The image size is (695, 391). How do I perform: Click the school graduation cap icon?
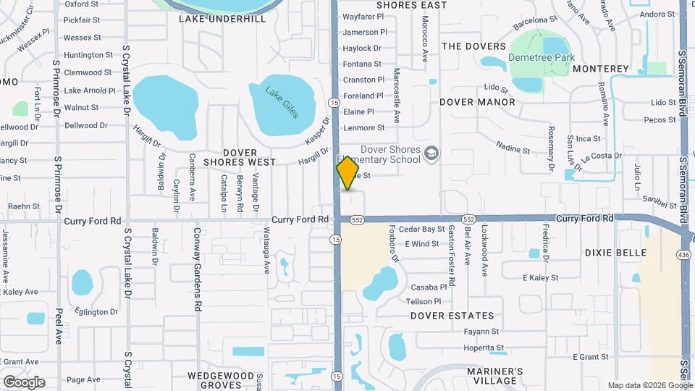(431, 152)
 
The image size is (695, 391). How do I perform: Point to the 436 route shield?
(683, 254)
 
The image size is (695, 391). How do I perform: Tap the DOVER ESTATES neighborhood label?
(452, 316)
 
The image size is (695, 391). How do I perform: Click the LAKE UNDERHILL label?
(222, 19)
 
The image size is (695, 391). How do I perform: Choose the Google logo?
(24, 382)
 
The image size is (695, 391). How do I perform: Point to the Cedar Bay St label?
(421, 229)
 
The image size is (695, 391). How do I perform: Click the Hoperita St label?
(484, 348)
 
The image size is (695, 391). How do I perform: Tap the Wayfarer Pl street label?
(363, 16)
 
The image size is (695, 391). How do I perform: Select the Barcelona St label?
(534, 24)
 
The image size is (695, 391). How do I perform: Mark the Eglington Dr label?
(96, 312)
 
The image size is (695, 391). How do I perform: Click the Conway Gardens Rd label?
(197, 269)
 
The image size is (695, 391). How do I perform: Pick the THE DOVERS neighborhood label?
(474, 46)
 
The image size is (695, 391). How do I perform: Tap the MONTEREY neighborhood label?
(601, 69)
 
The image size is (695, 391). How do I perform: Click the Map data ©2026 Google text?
(650, 385)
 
